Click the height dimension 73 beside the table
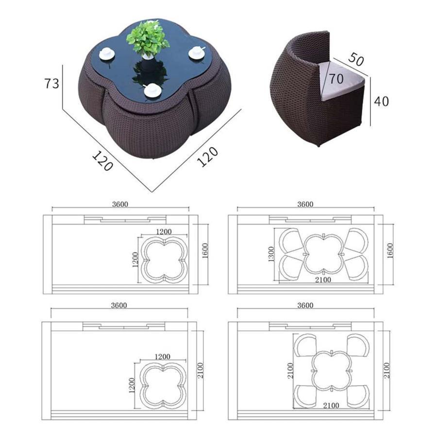click(x=52, y=84)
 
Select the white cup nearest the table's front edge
click(x=152, y=91)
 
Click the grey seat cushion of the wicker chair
click(x=342, y=81)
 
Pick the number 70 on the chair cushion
click(x=336, y=79)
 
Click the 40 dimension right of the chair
click(x=381, y=101)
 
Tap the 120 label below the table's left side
click(x=102, y=161)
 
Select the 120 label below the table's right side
click(x=207, y=157)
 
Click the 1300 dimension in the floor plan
click(x=271, y=254)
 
